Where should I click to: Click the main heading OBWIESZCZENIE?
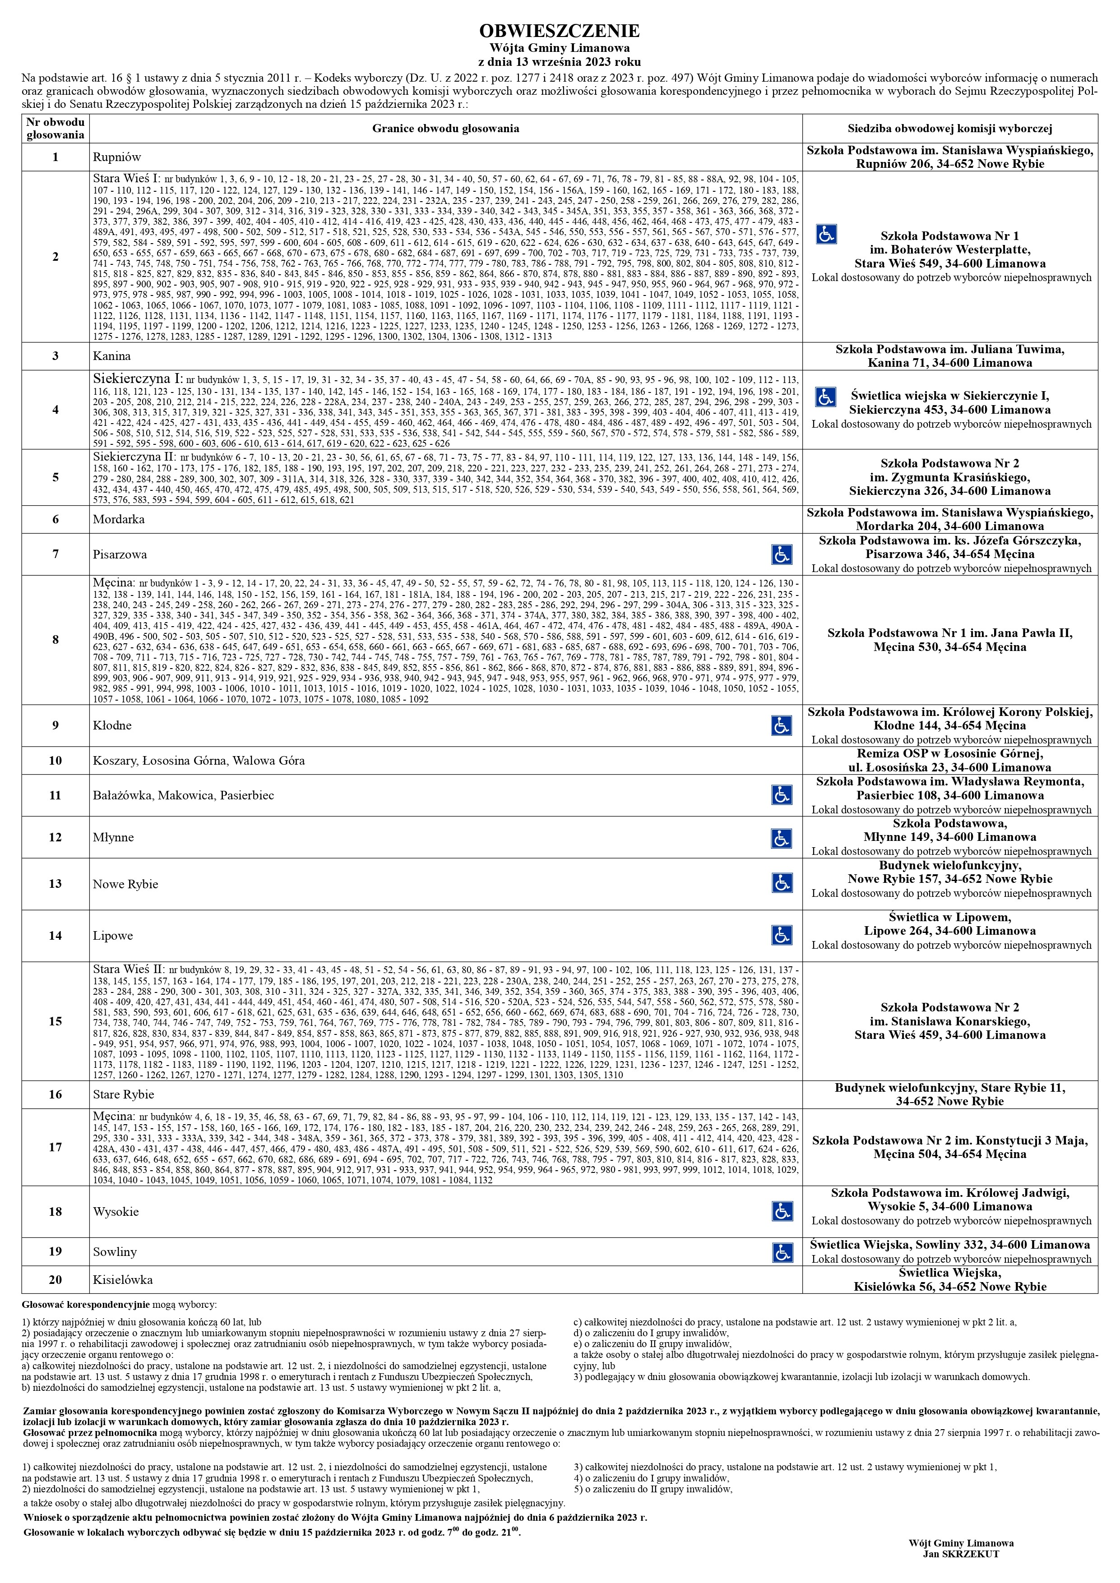[x=559, y=31]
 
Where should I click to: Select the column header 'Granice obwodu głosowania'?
[x=445, y=128]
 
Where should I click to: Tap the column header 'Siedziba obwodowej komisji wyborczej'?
[x=950, y=128]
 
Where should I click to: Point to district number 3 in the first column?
[x=55, y=356]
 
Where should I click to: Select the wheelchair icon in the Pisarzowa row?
[x=782, y=554]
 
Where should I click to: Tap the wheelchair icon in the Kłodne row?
[x=782, y=725]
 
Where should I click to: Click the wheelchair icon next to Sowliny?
[x=782, y=1252]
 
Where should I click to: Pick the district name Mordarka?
[x=119, y=519]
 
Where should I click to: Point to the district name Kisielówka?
[x=123, y=1280]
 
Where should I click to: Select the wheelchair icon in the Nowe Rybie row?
[x=782, y=883]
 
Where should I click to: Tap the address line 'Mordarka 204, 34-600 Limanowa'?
[x=950, y=526]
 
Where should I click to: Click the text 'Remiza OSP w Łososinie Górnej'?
[x=950, y=753]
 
